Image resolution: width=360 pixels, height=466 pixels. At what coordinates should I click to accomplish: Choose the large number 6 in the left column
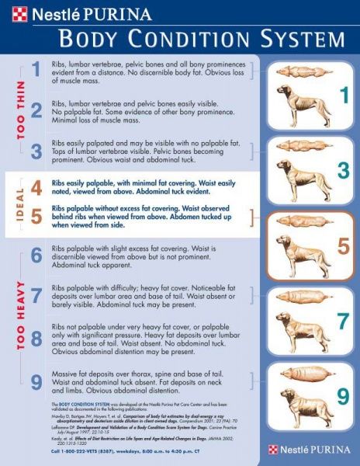point(36,255)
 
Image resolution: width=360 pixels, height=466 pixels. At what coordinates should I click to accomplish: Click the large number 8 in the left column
point(36,338)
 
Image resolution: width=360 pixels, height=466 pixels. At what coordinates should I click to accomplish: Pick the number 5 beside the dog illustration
point(341,246)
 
